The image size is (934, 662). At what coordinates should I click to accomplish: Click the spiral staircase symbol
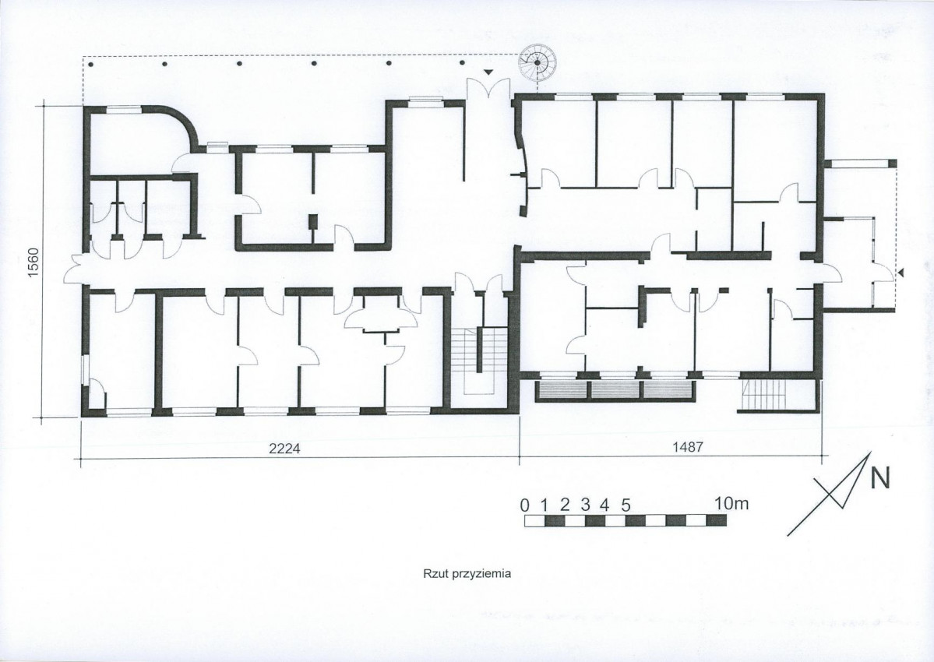(x=537, y=62)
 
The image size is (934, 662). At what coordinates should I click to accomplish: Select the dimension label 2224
(x=285, y=449)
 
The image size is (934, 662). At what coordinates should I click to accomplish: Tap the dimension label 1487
(x=687, y=448)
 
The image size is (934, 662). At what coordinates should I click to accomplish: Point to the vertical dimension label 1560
(x=33, y=262)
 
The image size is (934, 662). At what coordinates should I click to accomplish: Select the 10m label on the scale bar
(x=731, y=504)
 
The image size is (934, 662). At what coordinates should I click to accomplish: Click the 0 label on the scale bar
(x=525, y=505)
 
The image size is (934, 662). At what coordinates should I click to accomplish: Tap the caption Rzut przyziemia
(x=467, y=575)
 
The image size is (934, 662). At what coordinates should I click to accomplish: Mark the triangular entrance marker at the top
(x=488, y=72)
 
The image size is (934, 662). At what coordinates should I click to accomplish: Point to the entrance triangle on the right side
(x=901, y=273)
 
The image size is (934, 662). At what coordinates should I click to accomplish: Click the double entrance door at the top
(x=488, y=90)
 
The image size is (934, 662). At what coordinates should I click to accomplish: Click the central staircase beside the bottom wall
(x=480, y=360)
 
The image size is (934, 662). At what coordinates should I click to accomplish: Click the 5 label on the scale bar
(x=626, y=505)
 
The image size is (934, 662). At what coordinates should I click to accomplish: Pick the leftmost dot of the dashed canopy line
(x=90, y=63)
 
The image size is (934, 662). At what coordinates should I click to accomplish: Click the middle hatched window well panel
(x=616, y=390)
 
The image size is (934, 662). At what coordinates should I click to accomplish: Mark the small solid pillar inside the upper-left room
(x=312, y=222)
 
